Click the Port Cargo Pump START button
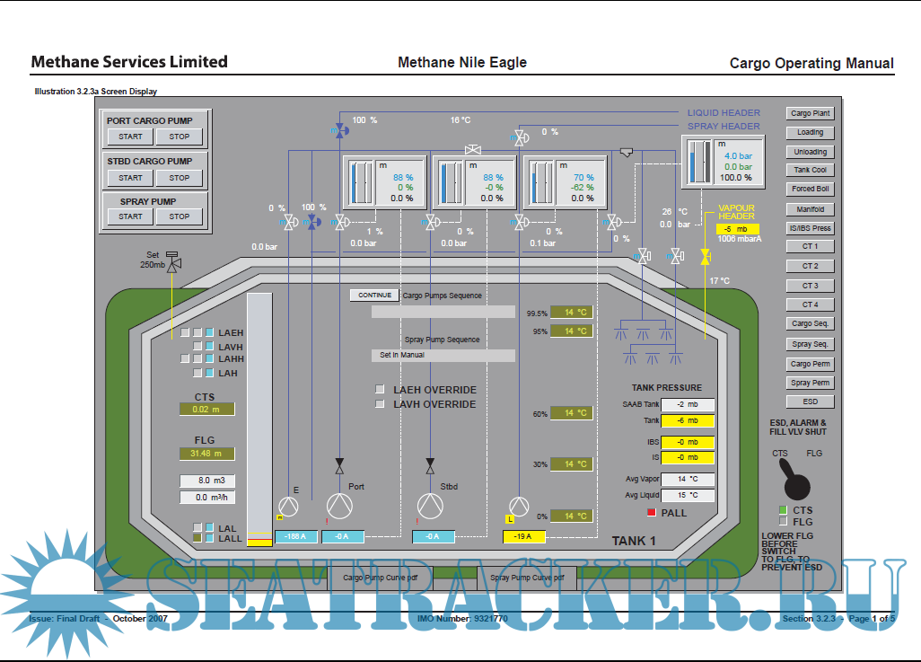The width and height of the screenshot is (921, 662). pos(130,137)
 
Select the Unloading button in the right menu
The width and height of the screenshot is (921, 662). pos(810,152)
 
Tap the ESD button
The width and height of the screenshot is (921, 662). pos(810,402)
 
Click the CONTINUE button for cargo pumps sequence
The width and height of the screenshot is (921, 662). pos(374,296)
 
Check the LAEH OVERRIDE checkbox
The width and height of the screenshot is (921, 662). pos(380,390)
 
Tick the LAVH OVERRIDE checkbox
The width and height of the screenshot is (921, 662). pos(380,404)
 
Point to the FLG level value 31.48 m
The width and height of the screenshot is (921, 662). pos(206,454)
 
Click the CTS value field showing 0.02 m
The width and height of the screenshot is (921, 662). pos(206,409)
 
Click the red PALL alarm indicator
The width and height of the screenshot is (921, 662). pos(652,512)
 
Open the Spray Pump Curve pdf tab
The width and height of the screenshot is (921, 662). pos(527,578)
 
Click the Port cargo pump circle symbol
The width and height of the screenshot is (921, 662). pos(339,506)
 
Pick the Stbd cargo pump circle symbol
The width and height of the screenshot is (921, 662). pos(430,506)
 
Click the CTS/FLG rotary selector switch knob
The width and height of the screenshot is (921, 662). pos(795,484)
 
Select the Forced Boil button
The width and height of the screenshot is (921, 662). pos(810,189)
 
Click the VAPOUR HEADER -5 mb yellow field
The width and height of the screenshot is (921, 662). pos(738,229)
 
